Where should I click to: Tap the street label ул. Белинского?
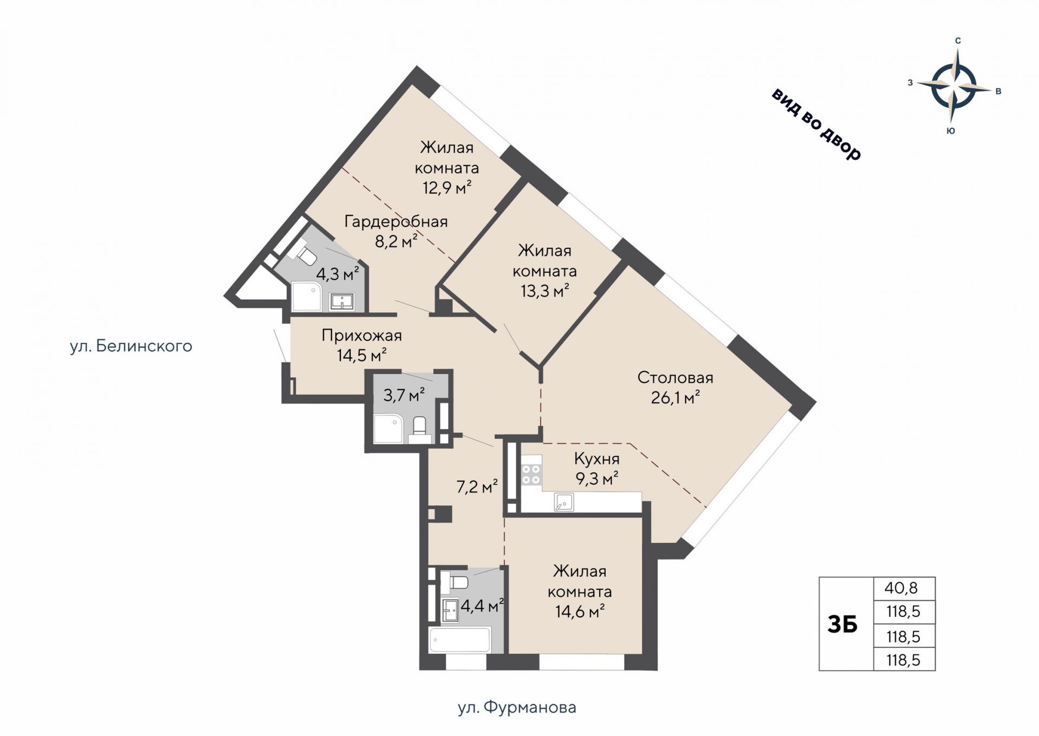131,346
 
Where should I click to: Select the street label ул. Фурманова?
517,707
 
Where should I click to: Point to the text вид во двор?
816,124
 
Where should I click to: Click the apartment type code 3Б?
843,625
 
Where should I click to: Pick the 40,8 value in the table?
902,588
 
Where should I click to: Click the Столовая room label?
675,378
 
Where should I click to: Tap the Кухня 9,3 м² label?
596,469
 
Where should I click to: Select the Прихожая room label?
361,336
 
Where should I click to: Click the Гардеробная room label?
396,221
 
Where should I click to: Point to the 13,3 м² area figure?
545,291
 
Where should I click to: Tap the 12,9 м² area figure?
447,188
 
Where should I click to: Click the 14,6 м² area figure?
580,612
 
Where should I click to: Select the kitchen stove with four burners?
531,475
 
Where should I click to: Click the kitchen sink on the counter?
563,502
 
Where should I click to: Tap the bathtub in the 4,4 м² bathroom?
460,640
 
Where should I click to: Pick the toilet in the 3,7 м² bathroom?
420,429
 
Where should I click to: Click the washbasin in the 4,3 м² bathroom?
342,301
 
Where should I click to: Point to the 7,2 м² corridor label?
477,487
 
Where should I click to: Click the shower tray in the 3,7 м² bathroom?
388,429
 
